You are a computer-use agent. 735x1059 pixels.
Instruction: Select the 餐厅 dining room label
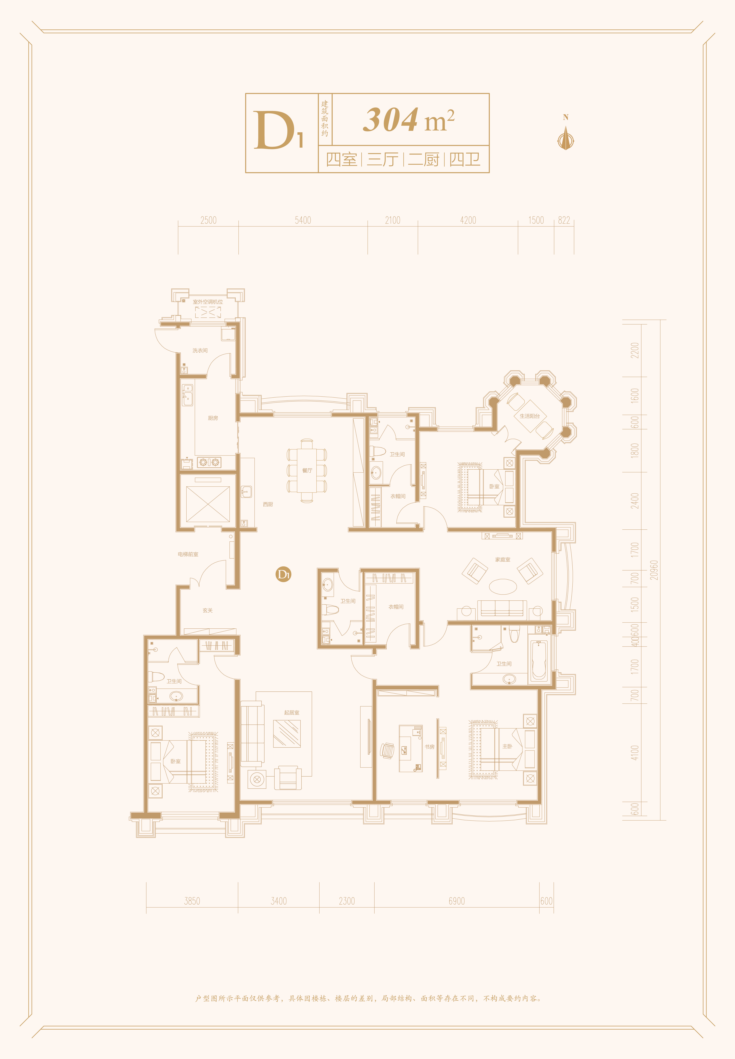click(307, 470)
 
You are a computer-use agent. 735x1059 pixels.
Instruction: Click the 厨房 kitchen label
click(213, 418)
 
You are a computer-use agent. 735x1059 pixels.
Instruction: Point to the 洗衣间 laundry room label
click(200, 350)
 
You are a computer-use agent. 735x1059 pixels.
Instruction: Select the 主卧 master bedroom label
click(507, 746)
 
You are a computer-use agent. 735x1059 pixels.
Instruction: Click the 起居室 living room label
click(292, 712)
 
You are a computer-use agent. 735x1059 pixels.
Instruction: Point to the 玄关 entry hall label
click(208, 610)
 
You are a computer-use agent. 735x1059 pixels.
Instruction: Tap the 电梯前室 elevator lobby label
click(188, 554)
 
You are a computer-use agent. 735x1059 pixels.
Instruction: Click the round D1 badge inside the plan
click(283, 574)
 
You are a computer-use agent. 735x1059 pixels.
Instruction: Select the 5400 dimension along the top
click(303, 220)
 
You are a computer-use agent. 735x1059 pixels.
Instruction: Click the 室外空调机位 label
click(208, 302)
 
